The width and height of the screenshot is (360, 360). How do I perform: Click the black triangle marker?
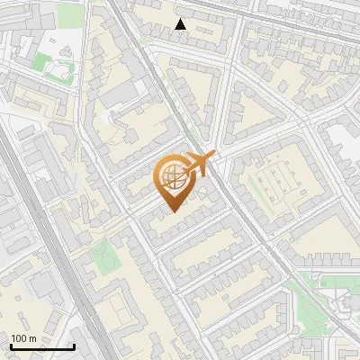181,24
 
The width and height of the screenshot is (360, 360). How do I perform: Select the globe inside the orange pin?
173,178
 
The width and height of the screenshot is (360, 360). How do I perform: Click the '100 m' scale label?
23,338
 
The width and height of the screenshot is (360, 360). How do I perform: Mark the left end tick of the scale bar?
12,346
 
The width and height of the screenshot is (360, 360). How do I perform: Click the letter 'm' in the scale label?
31,338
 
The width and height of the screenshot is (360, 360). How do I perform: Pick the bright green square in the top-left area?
41,62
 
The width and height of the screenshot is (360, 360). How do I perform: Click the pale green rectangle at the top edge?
70,13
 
